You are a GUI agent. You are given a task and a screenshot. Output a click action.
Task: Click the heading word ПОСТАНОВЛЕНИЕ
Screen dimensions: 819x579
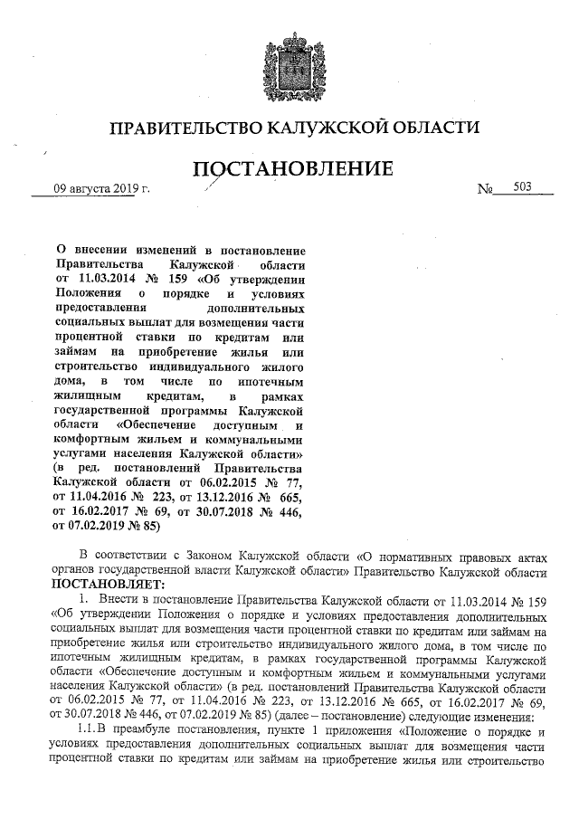290,168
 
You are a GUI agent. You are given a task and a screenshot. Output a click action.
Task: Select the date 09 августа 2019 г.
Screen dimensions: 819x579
101,188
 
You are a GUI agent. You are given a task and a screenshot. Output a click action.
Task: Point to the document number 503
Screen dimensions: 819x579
522,186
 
